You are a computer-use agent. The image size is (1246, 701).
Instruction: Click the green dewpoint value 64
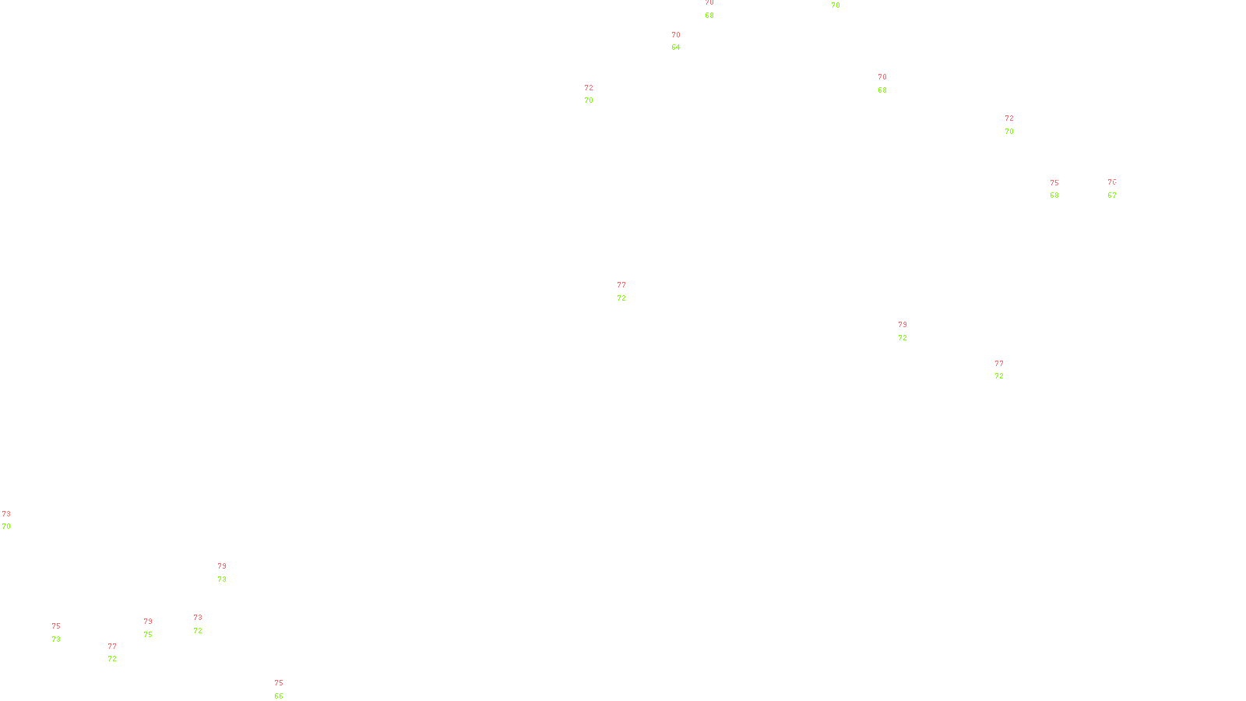click(x=676, y=48)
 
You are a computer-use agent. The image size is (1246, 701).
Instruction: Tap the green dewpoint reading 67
click(x=1112, y=196)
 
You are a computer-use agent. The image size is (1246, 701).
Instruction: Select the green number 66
click(x=279, y=696)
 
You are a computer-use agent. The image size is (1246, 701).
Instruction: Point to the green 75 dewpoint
click(x=148, y=635)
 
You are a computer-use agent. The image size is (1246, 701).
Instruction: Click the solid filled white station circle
click(x=205, y=624)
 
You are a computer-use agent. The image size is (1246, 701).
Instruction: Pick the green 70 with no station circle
click(x=836, y=5)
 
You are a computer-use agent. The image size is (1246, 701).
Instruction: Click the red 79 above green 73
click(x=222, y=566)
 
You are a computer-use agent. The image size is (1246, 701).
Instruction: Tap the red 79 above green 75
click(x=148, y=622)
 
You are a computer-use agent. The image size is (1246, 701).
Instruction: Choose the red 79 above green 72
click(x=903, y=325)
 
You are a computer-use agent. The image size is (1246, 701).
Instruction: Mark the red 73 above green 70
click(x=6, y=514)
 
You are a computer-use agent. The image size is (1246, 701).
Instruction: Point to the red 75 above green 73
click(x=56, y=626)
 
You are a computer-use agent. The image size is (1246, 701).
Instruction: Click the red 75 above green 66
click(x=279, y=683)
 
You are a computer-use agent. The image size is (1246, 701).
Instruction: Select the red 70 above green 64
click(x=676, y=35)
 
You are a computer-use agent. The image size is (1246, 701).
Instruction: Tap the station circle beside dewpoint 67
click(x=1119, y=189)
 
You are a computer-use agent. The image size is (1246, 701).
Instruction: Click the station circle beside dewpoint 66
click(x=286, y=690)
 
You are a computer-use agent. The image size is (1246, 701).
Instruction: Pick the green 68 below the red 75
click(x=1054, y=196)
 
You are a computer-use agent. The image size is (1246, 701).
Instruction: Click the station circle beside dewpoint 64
click(x=683, y=41)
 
